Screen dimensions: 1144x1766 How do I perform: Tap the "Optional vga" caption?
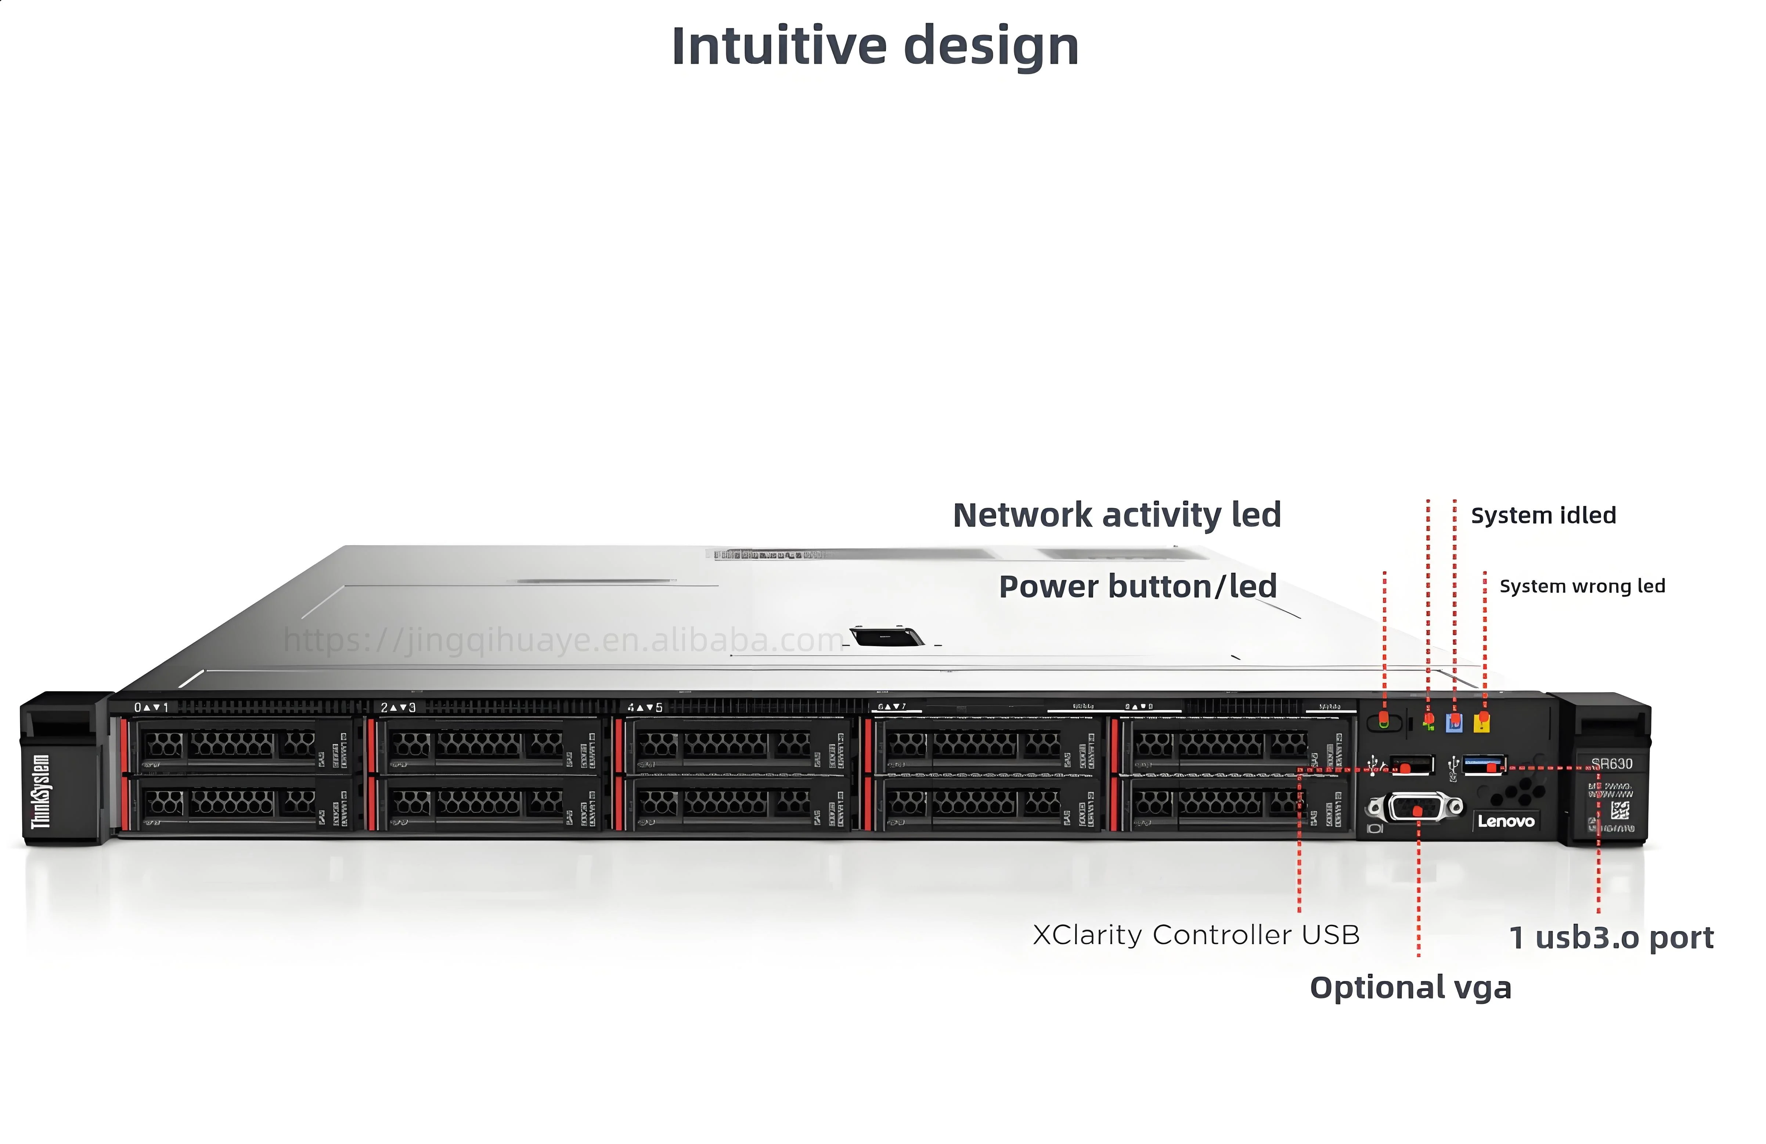[x=1410, y=988]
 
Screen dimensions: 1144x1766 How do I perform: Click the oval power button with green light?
[x=1384, y=721]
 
